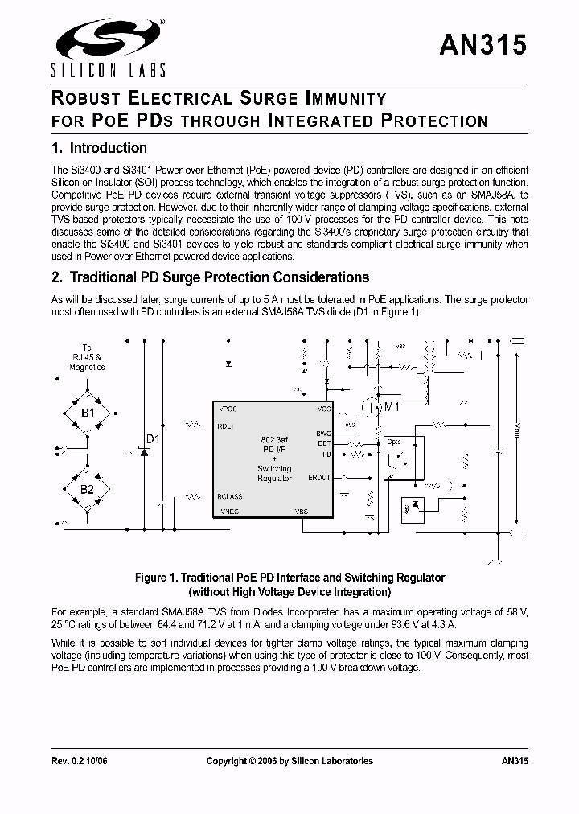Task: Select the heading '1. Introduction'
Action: [x=99, y=148]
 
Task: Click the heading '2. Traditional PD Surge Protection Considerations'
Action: [x=210, y=277]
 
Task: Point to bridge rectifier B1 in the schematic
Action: [x=87, y=413]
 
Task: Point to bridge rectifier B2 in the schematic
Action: [x=87, y=488]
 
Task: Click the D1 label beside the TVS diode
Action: [x=152, y=439]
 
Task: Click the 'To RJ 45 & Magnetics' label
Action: [x=87, y=357]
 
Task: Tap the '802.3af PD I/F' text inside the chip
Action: [x=274, y=445]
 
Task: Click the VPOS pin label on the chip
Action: [x=228, y=409]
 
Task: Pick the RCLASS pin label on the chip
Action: [x=230, y=496]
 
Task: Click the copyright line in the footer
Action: [x=289, y=760]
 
